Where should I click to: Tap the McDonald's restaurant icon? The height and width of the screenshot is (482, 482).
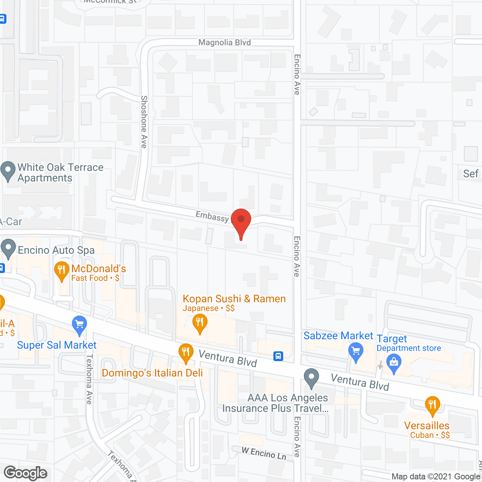pyautogui.click(x=61, y=270)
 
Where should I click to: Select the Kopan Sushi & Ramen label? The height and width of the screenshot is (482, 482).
pyautogui.click(x=234, y=299)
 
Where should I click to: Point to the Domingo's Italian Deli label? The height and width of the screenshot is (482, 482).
pyautogui.click(x=152, y=373)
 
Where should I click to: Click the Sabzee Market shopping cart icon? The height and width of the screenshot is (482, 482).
pyautogui.click(x=356, y=351)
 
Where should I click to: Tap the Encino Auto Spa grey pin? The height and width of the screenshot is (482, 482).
pyautogui.click(x=8, y=249)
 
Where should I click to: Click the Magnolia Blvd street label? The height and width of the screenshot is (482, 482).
pyautogui.click(x=224, y=43)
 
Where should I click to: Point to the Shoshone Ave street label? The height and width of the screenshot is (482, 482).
pyautogui.click(x=144, y=122)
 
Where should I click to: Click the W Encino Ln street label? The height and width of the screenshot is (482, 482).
pyautogui.click(x=264, y=453)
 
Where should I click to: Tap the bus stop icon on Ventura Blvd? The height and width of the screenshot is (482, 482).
pyautogui.click(x=278, y=356)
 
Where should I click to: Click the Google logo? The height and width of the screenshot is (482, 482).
pyautogui.click(x=26, y=473)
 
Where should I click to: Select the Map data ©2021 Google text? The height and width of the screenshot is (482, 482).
pyautogui.click(x=436, y=477)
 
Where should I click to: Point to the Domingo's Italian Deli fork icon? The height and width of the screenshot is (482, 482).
pyautogui.click(x=185, y=353)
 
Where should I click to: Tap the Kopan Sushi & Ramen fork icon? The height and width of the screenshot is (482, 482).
pyautogui.click(x=200, y=323)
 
